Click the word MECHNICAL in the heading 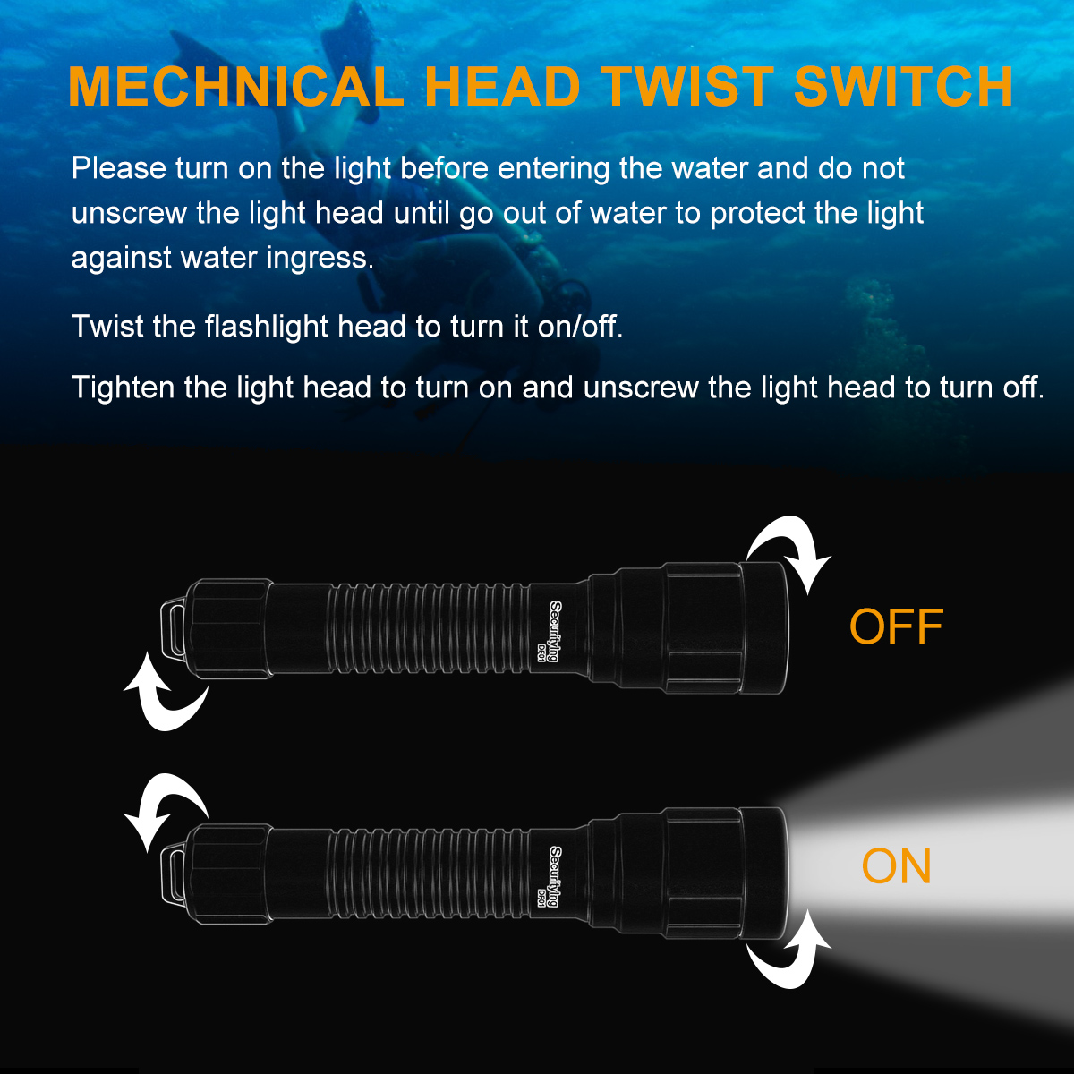click(x=236, y=87)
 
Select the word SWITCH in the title click(x=903, y=87)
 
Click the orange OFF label click(x=896, y=627)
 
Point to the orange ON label click(x=896, y=865)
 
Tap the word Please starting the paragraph click(x=119, y=167)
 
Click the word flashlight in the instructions click(x=266, y=327)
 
